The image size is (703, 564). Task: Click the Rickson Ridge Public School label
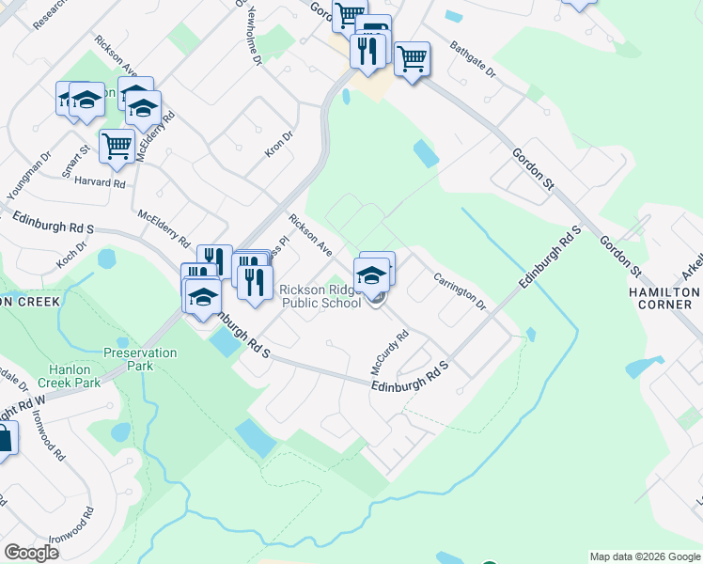(x=320, y=297)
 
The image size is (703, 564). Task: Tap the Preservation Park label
(x=140, y=359)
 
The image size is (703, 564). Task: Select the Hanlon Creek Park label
(x=69, y=376)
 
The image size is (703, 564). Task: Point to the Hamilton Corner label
(x=665, y=298)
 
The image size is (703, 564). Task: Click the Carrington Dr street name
(x=460, y=291)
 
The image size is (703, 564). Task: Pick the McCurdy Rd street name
(x=388, y=352)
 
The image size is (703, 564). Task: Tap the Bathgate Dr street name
(x=472, y=58)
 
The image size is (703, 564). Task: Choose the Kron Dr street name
(x=279, y=144)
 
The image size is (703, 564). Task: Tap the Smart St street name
(x=75, y=161)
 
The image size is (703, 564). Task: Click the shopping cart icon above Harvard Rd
(x=116, y=146)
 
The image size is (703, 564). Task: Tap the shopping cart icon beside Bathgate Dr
(x=412, y=58)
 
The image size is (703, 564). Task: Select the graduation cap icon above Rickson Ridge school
(x=373, y=274)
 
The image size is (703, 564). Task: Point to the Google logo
(x=31, y=553)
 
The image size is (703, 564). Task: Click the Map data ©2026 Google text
(x=644, y=556)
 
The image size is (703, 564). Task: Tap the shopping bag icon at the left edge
(x=4, y=439)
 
